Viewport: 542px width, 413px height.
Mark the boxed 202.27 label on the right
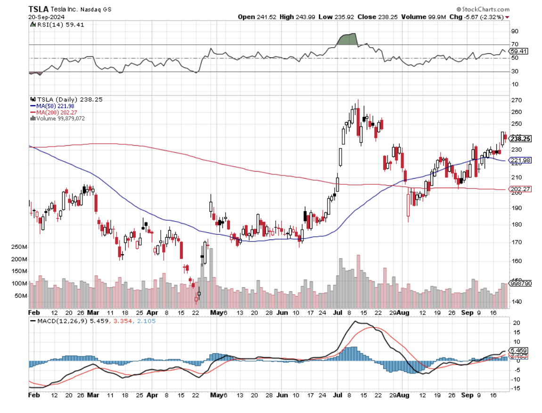click(x=520, y=189)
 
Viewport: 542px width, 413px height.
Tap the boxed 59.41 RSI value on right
click(x=520, y=51)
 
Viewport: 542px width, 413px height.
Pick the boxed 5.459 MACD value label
click(x=519, y=351)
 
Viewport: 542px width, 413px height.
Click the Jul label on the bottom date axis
click(x=338, y=312)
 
